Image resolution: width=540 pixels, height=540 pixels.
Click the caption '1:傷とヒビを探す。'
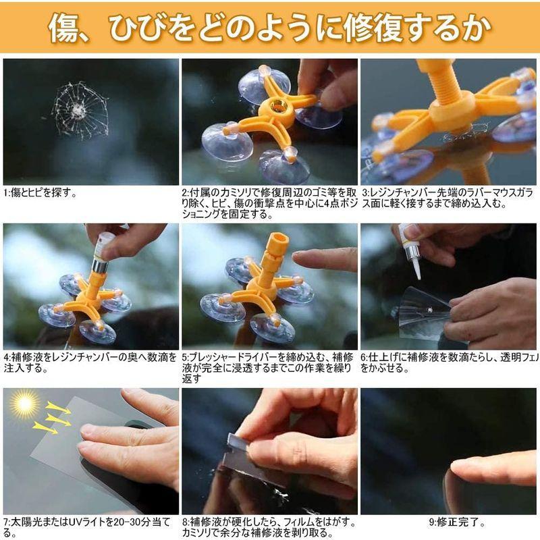pyautogui.click(x=40, y=192)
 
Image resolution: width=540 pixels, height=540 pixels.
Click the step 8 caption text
pyautogui.click(x=268, y=527)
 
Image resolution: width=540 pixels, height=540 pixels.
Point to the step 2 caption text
pyautogui.click(x=268, y=203)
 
